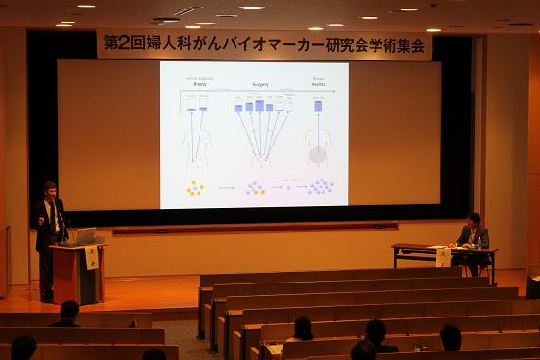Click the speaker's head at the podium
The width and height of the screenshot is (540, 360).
click(x=49, y=190)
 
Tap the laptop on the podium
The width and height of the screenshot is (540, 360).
click(x=81, y=236)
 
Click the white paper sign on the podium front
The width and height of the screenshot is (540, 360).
click(x=92, y=258)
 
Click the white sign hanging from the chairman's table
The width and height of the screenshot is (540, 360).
click(x=443, y=257)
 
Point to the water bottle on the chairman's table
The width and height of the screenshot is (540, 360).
click(x=479, y=242)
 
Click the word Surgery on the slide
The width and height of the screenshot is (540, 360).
click(x=260, y=84)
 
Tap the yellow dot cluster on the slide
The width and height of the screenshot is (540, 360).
click(x=195, y=188)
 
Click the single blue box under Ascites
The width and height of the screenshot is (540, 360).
click(x=318, y=107)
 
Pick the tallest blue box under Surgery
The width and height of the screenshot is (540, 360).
click(x=259, y=106)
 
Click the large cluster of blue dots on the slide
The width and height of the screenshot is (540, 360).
click(x=321, y=186)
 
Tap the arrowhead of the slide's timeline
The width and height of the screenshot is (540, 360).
click(x=335, y=91)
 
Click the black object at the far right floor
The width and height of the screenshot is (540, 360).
click(x=532, y=286)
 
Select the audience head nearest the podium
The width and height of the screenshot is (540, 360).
click(x=68, y=310)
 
